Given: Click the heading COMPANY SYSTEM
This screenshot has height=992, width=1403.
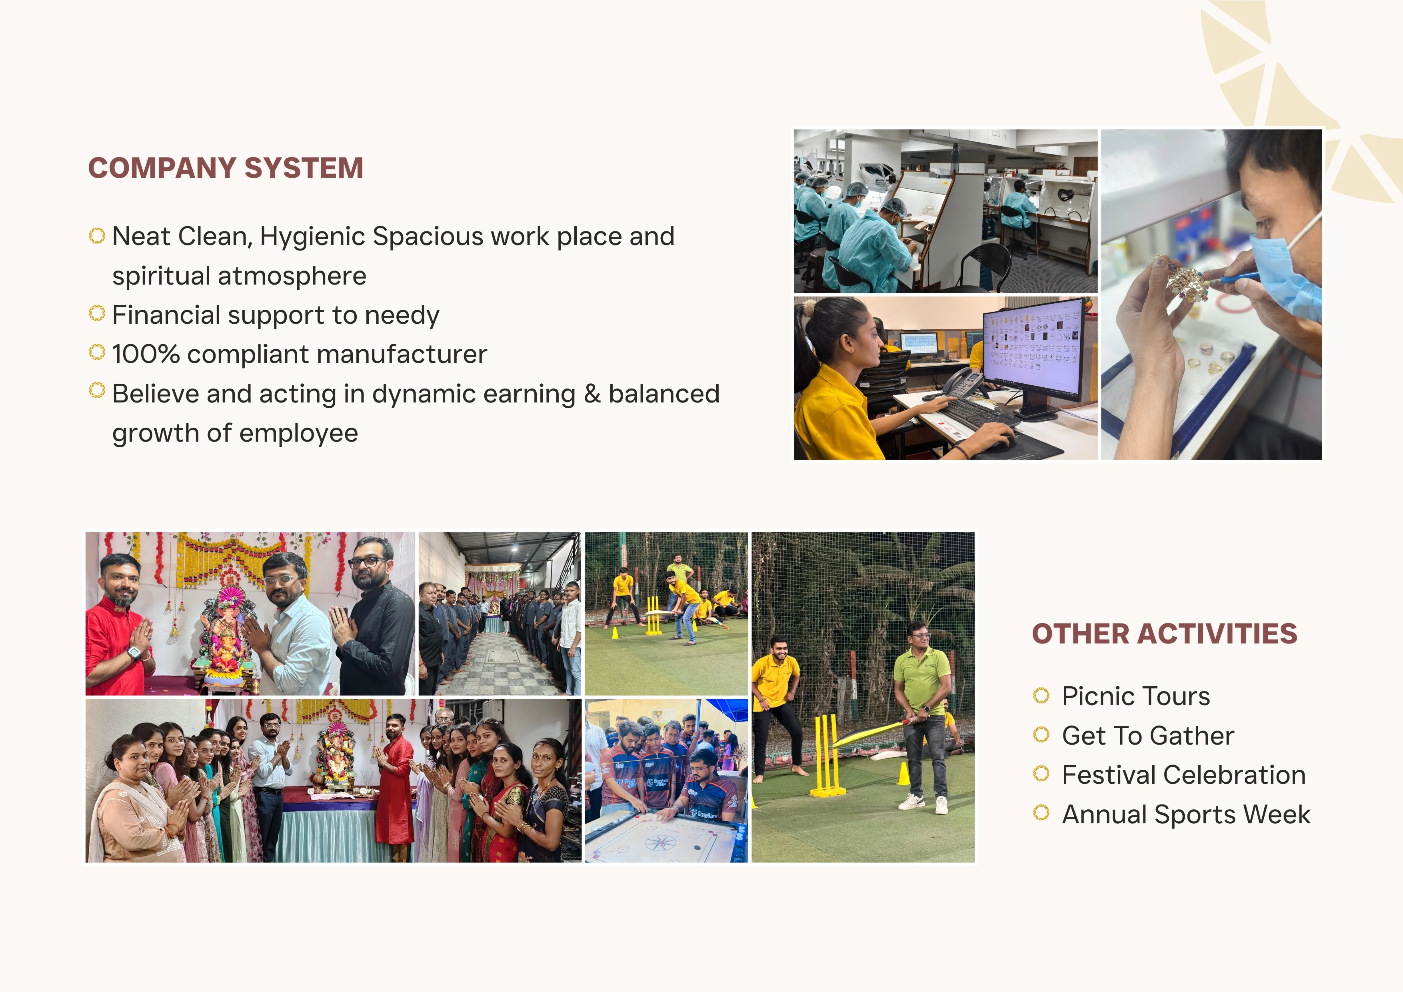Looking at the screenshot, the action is tap(226, 168).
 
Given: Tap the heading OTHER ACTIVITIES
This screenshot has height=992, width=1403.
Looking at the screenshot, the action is tap(1164, 633).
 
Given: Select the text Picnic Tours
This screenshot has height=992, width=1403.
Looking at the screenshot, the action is tap(1135, 696).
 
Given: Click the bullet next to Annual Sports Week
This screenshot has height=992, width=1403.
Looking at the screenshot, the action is tap(1041, 813).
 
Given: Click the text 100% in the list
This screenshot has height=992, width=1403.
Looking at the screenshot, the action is tap(146, 354).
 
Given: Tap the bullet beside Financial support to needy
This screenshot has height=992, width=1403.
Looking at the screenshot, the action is tap(96, 313).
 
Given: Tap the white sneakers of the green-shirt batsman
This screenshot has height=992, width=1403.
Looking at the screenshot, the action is tap(926, 803).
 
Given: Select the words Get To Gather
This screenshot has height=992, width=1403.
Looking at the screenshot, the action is tap(1147, 735).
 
